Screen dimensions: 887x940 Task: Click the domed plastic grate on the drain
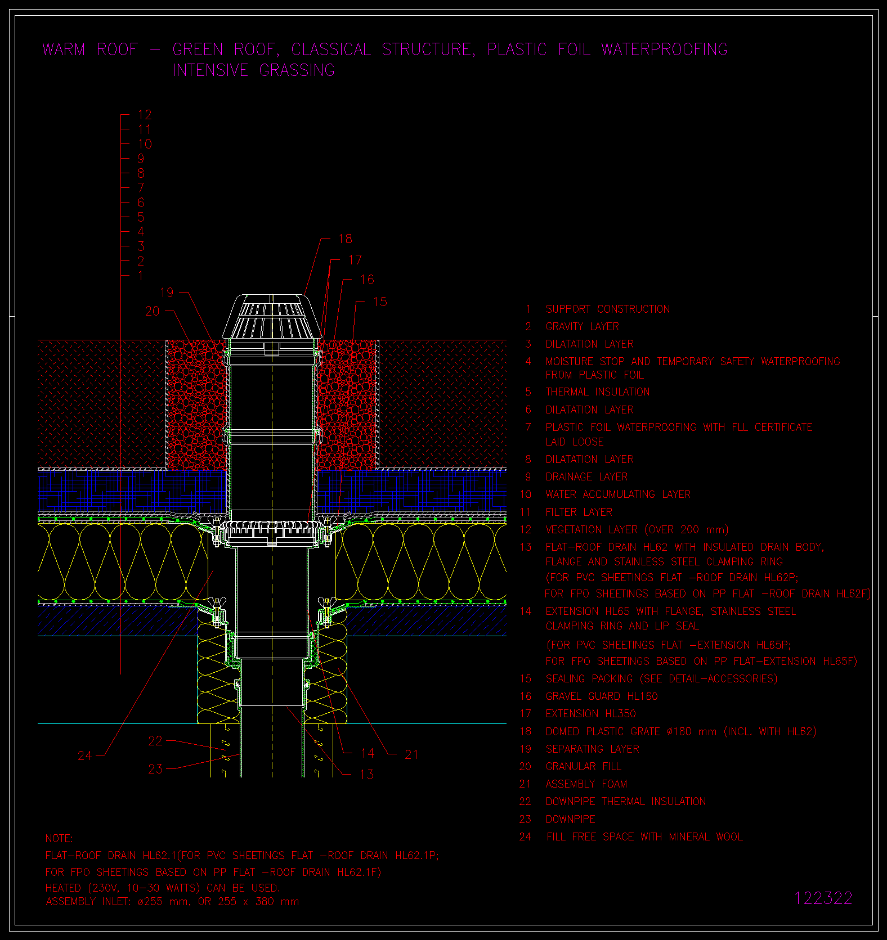pyautogui.click(x=271, y=317)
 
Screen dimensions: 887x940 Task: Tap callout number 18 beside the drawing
pyautogui.click(x=345, y=239)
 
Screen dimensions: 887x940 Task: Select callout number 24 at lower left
pyautogui.click(x=84, y=755)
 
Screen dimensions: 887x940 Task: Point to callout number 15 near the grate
pyautogui.click(x=380, y=302)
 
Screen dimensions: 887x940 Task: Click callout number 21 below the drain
pyautogui.click(x=411, y=754)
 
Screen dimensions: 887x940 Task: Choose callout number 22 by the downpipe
pyautogui.click(x=155, y=741)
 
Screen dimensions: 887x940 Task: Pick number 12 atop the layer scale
pyautogui.click(x=145, y=115)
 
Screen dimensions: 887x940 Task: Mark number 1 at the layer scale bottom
pyautogui.click(x=141, y=276)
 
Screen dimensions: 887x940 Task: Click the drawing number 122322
pyautogui.click(x=823, y=898)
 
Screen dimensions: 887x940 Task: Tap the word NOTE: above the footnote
pyautogui.click(x=59, y=838)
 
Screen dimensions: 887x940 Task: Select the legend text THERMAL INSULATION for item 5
pyautogui.click(x=598, y=392)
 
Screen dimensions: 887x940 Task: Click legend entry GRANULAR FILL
pyautogui.click(x=584, y=766)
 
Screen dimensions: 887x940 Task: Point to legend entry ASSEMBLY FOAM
pyautogui.click(x=586, y=784)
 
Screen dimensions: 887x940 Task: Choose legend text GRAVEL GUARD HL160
pyautogui.click(x=602, y=696)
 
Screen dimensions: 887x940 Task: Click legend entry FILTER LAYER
pyautogui.click(x=579, y=512)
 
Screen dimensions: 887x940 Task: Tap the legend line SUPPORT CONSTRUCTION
pyautogui.click(x=608, y=309)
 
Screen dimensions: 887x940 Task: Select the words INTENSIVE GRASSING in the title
pyautogui.click(x=253, y=70)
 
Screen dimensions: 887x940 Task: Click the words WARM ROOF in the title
pyautogui.click(x=90, y=50)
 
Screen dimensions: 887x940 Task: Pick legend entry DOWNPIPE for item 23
pyautogui.click(x=570, y=819)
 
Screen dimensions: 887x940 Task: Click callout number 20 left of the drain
pyautogui.click(x=153, y=311)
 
